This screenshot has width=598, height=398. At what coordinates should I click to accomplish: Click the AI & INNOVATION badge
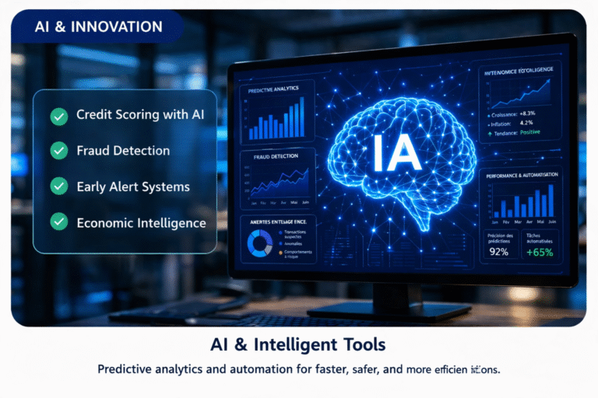(99, 26)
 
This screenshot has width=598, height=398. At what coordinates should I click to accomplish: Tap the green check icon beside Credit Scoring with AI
(58, 116)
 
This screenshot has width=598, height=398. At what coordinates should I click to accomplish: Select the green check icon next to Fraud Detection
(58, 151)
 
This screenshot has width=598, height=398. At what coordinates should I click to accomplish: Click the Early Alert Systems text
(133, 187)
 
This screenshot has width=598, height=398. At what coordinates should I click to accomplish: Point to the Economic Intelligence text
(141, 222)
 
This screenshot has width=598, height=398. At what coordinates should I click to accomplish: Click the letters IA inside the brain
(396, 153)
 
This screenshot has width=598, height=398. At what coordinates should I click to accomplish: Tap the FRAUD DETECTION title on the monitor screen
(271, 156)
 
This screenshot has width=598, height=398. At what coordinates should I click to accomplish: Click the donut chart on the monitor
(259, 244)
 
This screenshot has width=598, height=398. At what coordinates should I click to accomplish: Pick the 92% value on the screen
(498, 251)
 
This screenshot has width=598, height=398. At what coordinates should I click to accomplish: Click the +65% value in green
(539, 251)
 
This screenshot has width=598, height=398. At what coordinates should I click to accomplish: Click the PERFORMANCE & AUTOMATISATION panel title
(518, 177)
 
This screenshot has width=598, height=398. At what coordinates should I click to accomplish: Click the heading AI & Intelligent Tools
(298, 343)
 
